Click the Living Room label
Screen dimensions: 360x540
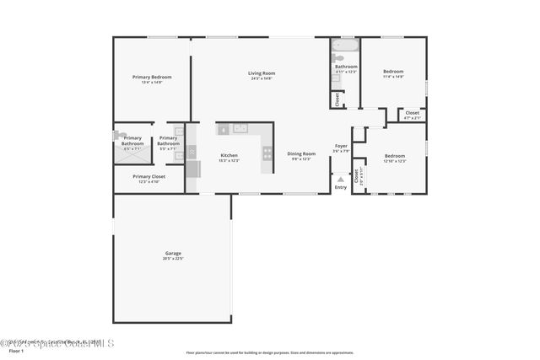[262, 73]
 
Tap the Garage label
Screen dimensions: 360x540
[173, 253]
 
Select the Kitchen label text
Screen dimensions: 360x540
[229, 155]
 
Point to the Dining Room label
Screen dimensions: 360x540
[301, 153]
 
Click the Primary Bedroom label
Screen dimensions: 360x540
[152, 78]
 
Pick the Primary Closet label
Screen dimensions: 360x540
[148, 176]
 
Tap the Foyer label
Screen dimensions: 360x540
[341, 146]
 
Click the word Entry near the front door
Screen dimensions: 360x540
[340, 187]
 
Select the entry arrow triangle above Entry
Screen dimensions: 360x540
[340, 179]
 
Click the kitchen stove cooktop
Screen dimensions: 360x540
[267, 153]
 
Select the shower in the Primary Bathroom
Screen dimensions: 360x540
[123, 136]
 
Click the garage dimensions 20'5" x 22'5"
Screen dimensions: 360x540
[173, 258]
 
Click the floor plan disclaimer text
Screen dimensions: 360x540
[269, 352]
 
